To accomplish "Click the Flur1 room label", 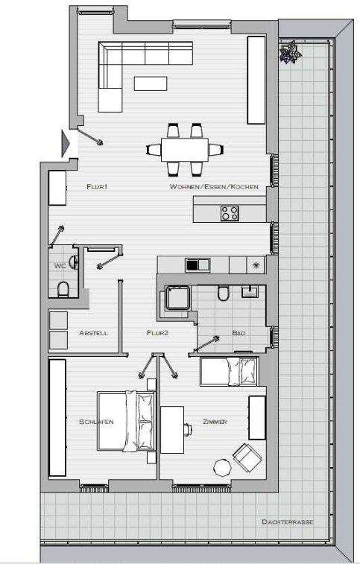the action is point(97,187).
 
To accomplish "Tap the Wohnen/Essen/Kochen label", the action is point(214,187).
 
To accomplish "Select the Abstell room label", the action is point(93,333).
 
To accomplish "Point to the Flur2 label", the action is point(158,333).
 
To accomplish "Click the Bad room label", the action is point(239,333).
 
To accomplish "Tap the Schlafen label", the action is point(96,422).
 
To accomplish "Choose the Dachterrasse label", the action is point(288,522).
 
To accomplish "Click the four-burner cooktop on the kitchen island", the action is point(230,212).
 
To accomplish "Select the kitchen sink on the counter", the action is point(198,264).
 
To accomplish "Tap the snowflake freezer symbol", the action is point(256,265).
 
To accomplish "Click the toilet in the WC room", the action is point(63,289).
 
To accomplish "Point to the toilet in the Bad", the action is point(223,293).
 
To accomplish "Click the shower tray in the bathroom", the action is point(177,298).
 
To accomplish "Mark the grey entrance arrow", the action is point(65,144).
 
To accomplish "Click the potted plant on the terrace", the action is point(290,52).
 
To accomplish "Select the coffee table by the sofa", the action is point(151,83).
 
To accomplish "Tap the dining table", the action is point(185,150).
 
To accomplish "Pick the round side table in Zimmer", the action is point(222,468).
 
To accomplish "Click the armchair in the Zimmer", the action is point(247,457).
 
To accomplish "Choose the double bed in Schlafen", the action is point(127,421).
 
